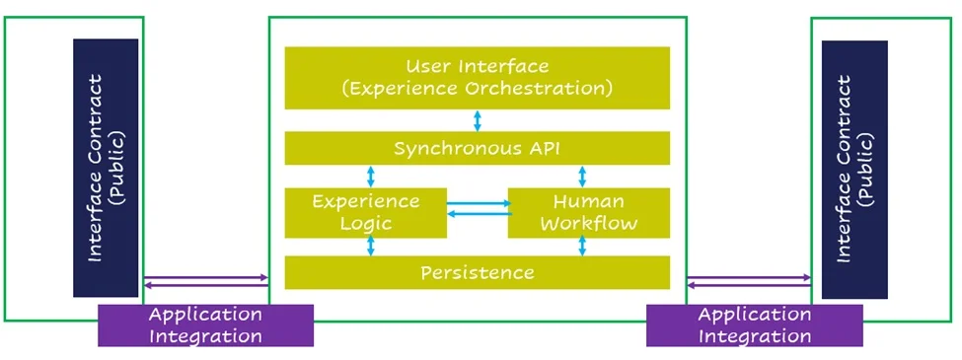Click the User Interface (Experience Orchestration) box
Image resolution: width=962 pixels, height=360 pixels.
[477, 77]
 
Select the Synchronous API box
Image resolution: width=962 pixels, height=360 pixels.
[477, 149]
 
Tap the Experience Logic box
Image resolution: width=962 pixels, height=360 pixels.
[365, 212]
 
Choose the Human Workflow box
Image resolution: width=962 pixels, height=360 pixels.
[588, 212]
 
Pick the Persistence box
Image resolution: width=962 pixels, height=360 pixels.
[477, 272]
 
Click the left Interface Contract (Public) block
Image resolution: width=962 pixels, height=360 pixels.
[106, 168]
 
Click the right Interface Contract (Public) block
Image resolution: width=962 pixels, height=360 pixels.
[854, 168]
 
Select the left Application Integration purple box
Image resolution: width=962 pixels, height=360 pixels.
[205, 325]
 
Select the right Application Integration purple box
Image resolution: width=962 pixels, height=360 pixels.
[754, 325]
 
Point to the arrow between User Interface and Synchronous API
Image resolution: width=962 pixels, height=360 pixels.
[478, 120]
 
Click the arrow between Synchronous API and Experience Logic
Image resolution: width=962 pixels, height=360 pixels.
[371, 176]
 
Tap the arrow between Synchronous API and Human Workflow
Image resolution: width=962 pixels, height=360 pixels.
[582, 176]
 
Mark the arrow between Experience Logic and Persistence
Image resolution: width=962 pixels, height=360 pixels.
[371, 247]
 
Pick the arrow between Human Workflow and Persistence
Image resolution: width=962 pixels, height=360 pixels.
[582, 247]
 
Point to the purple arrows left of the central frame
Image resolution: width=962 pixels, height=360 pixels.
[205, 282]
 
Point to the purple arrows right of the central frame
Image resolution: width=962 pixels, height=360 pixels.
[748, 282]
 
